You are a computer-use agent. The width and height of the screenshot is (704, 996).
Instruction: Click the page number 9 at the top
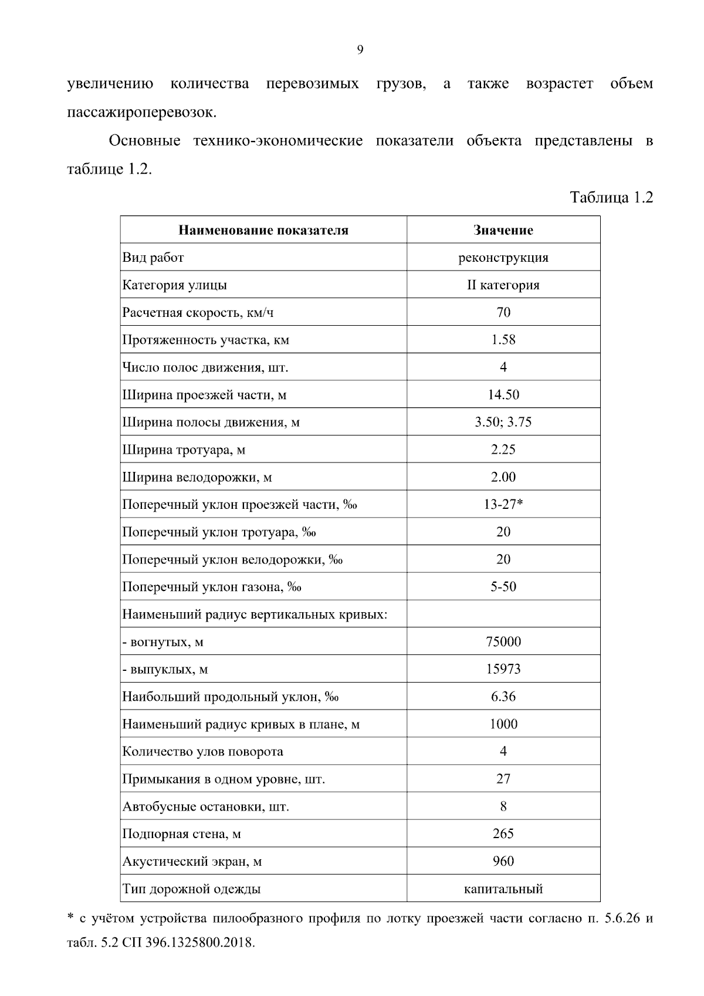coord(360,50)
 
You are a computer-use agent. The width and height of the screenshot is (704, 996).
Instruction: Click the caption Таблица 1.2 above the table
coord(611,197)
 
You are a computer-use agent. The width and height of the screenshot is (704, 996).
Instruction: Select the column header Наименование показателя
coord(263,230)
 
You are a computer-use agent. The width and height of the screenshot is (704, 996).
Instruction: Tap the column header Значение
coord(503,230)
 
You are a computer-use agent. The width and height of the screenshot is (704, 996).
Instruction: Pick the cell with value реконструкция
coord(503,258)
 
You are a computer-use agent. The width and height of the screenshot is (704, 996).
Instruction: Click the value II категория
coord(503,285)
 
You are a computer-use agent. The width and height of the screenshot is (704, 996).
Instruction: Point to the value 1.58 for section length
coord(503,340)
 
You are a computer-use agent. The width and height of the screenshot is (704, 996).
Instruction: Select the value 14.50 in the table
coord(503,395)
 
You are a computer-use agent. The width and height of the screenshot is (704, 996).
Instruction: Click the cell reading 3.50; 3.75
coord(503,422)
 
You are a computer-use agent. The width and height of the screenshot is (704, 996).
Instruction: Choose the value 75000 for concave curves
coord(503,642)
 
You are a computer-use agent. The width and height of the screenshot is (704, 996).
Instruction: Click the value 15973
coord(503,669)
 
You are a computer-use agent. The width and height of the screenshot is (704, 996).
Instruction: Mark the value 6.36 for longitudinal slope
coord(503,697)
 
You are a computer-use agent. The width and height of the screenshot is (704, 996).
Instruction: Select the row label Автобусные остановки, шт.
coord(206,806)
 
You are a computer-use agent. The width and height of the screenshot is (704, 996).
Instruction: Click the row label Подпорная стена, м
coord(182,834)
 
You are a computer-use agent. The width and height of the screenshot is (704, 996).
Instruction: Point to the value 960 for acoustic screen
coord(503,861)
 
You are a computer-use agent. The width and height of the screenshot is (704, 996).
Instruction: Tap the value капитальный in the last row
coord(503,889)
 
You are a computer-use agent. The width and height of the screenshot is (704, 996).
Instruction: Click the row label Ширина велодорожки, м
coord(197,477)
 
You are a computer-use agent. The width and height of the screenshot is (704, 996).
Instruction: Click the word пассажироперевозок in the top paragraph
coord(141,112)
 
